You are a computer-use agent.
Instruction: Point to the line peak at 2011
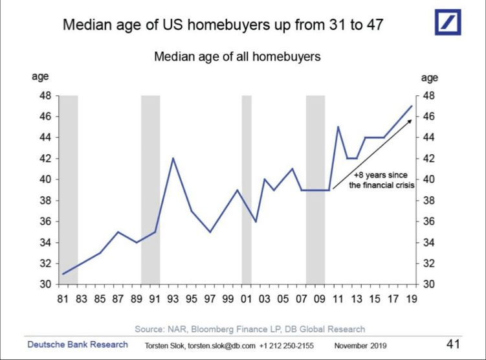click(338, 127)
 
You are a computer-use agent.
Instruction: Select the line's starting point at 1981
click(63, 274)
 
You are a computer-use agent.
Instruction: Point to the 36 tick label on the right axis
click(430, 221)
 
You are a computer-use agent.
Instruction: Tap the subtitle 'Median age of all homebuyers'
click(237, 57)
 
